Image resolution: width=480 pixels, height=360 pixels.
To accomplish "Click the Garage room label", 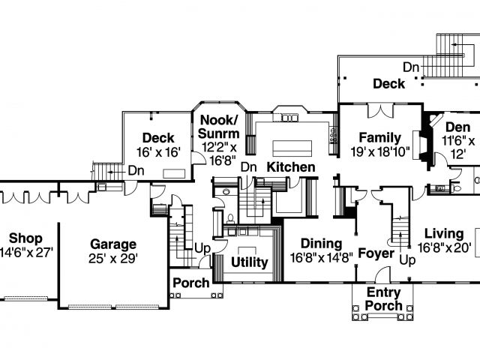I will tap(113, 244).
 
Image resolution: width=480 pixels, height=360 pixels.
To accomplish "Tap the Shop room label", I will tap(25, 238).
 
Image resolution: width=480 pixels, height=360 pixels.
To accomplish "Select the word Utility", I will tap(250, 262).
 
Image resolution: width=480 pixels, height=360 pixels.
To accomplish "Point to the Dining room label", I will tap(321, 244).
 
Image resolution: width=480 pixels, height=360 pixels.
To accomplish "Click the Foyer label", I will tap(376, 253).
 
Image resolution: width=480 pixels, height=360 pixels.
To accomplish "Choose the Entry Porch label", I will tap(383, 298).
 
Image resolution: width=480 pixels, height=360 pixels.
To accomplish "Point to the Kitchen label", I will tap(291, 166).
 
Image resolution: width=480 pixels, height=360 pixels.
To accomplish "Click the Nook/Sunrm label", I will tap(219, 127).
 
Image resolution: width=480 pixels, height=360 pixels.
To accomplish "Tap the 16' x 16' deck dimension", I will tap(157, 152).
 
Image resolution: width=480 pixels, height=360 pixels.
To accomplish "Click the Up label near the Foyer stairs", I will tap(409, 259).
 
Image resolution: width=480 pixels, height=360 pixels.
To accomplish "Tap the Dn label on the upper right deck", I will tap(410, 67).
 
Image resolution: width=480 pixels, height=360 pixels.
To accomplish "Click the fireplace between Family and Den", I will tap(425, 142).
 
